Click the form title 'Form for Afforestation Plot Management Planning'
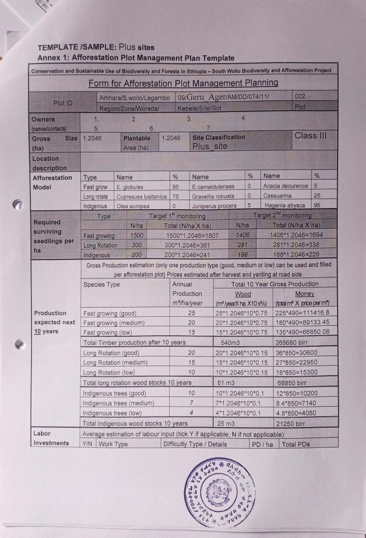pos(183,83)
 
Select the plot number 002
pos(301,97)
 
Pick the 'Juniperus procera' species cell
pos(211,205)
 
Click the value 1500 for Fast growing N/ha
pos(136,236)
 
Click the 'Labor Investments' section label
pos(51,438)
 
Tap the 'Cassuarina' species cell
pos(279,196)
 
